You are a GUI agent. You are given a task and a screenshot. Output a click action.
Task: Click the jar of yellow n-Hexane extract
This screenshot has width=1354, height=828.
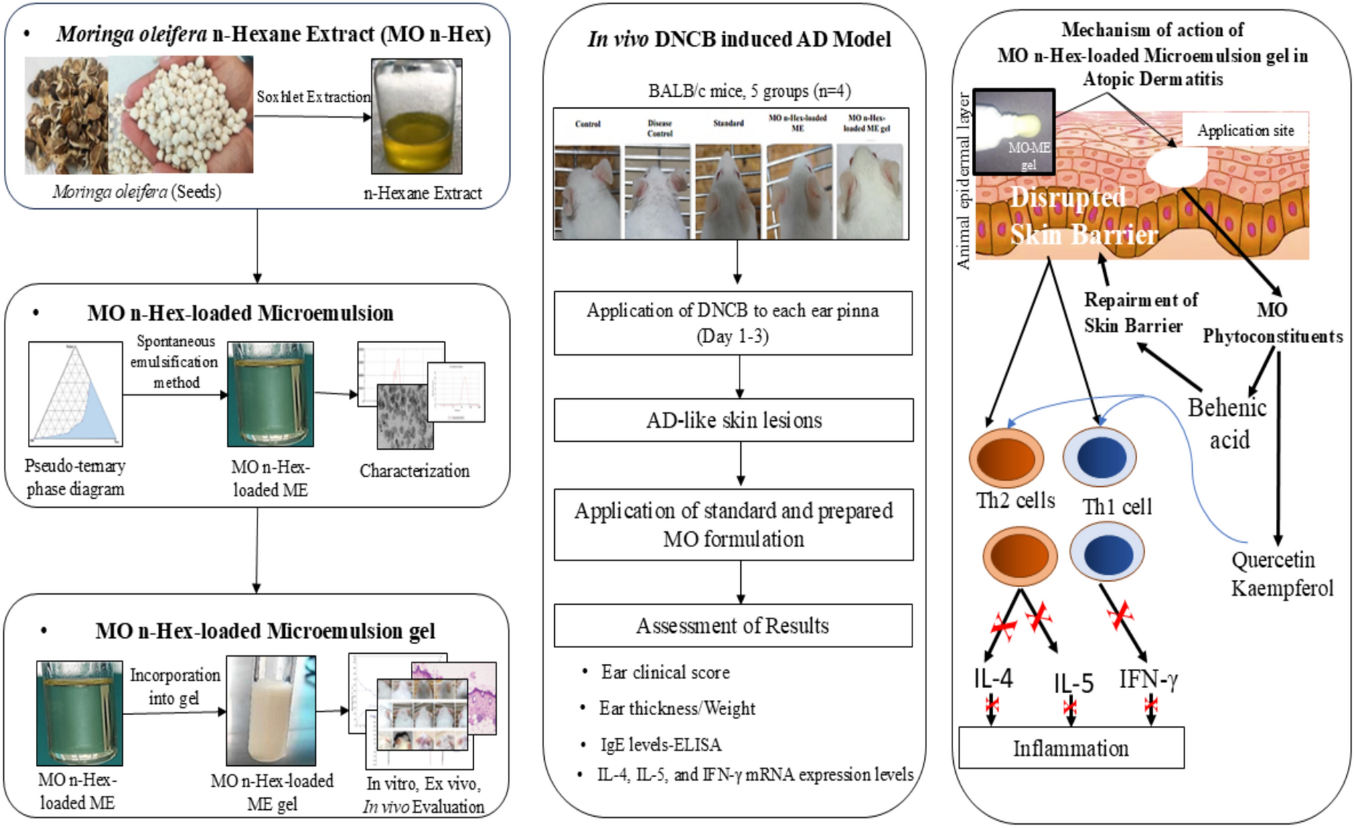[416, 117]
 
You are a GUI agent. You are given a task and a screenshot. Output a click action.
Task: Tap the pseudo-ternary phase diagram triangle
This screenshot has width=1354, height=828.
[75, 394]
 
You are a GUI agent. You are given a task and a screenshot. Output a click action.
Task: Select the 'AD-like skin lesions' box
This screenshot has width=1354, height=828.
[733, 420]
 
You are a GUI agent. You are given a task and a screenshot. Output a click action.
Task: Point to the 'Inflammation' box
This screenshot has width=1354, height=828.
[1071, 748]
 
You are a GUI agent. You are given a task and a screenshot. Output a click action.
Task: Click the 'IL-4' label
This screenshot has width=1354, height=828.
[993, 679]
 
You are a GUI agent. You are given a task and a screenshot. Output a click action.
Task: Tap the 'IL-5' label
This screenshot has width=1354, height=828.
[1073, 683]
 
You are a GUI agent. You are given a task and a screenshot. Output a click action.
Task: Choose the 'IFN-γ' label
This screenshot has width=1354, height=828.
[1148, 679]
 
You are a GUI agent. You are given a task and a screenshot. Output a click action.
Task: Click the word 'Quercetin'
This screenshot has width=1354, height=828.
[1273, 560]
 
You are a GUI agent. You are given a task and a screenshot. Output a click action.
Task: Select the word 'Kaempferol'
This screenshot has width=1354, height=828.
[1281, 588]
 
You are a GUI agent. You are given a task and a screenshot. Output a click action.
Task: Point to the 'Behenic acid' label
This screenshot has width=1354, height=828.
[1227, 423]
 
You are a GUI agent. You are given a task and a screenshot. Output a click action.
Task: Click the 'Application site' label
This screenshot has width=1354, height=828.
[1245, 130]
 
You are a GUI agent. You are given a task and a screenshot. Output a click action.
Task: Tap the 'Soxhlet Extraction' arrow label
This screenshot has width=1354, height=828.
[313, 97]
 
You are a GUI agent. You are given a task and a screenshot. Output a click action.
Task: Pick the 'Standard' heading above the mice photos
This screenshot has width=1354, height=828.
[728, 123]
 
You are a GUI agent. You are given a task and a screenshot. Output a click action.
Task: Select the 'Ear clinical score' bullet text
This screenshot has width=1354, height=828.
[665, 672]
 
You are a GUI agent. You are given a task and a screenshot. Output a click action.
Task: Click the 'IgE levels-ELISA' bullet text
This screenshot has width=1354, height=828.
[660, 744]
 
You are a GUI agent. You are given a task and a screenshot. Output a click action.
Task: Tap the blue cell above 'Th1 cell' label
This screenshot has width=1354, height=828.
[1099, 458]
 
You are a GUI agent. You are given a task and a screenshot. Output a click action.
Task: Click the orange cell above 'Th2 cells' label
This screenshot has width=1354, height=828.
[1006, 458]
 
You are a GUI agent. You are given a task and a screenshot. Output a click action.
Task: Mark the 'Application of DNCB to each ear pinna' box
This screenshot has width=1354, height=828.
[732, 323]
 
